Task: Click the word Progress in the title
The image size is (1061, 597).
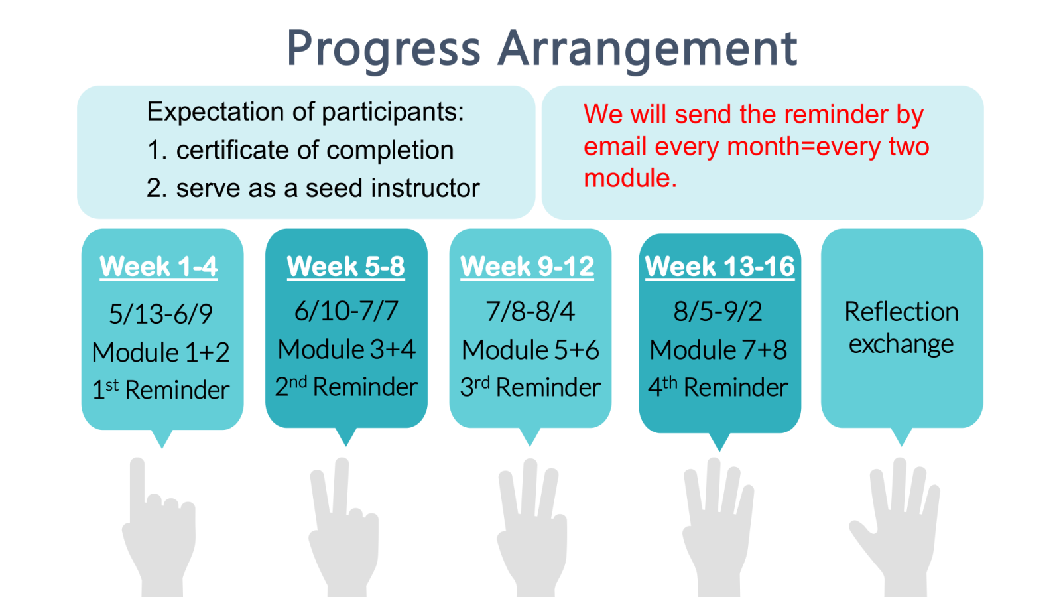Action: tap(384, 50)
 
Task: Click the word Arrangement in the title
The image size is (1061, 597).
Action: tap(648, 50)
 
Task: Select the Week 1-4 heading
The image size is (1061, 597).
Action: tap(158, 266)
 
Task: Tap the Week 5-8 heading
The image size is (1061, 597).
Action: tap(345, 266)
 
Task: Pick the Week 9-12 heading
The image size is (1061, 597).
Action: tap(527, 266)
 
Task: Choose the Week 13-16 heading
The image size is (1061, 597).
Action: tap(720, 266)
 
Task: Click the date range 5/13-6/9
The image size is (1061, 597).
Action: tap(161, 314)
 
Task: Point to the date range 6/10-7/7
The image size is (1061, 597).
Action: tap(346, 311)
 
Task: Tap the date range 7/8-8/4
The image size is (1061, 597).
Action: tap(530, 312)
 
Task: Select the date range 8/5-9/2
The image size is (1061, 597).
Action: tap(718, 312)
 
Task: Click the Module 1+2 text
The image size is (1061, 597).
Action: tap(161, 352)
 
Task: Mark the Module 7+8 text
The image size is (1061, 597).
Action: tap(718, 350)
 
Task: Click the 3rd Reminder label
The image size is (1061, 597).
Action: tap(530, 387)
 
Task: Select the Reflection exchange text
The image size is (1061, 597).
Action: tap(901, 328)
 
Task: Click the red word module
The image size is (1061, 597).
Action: tap(630, 178)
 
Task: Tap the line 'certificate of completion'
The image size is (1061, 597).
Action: tap(315, 150)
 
